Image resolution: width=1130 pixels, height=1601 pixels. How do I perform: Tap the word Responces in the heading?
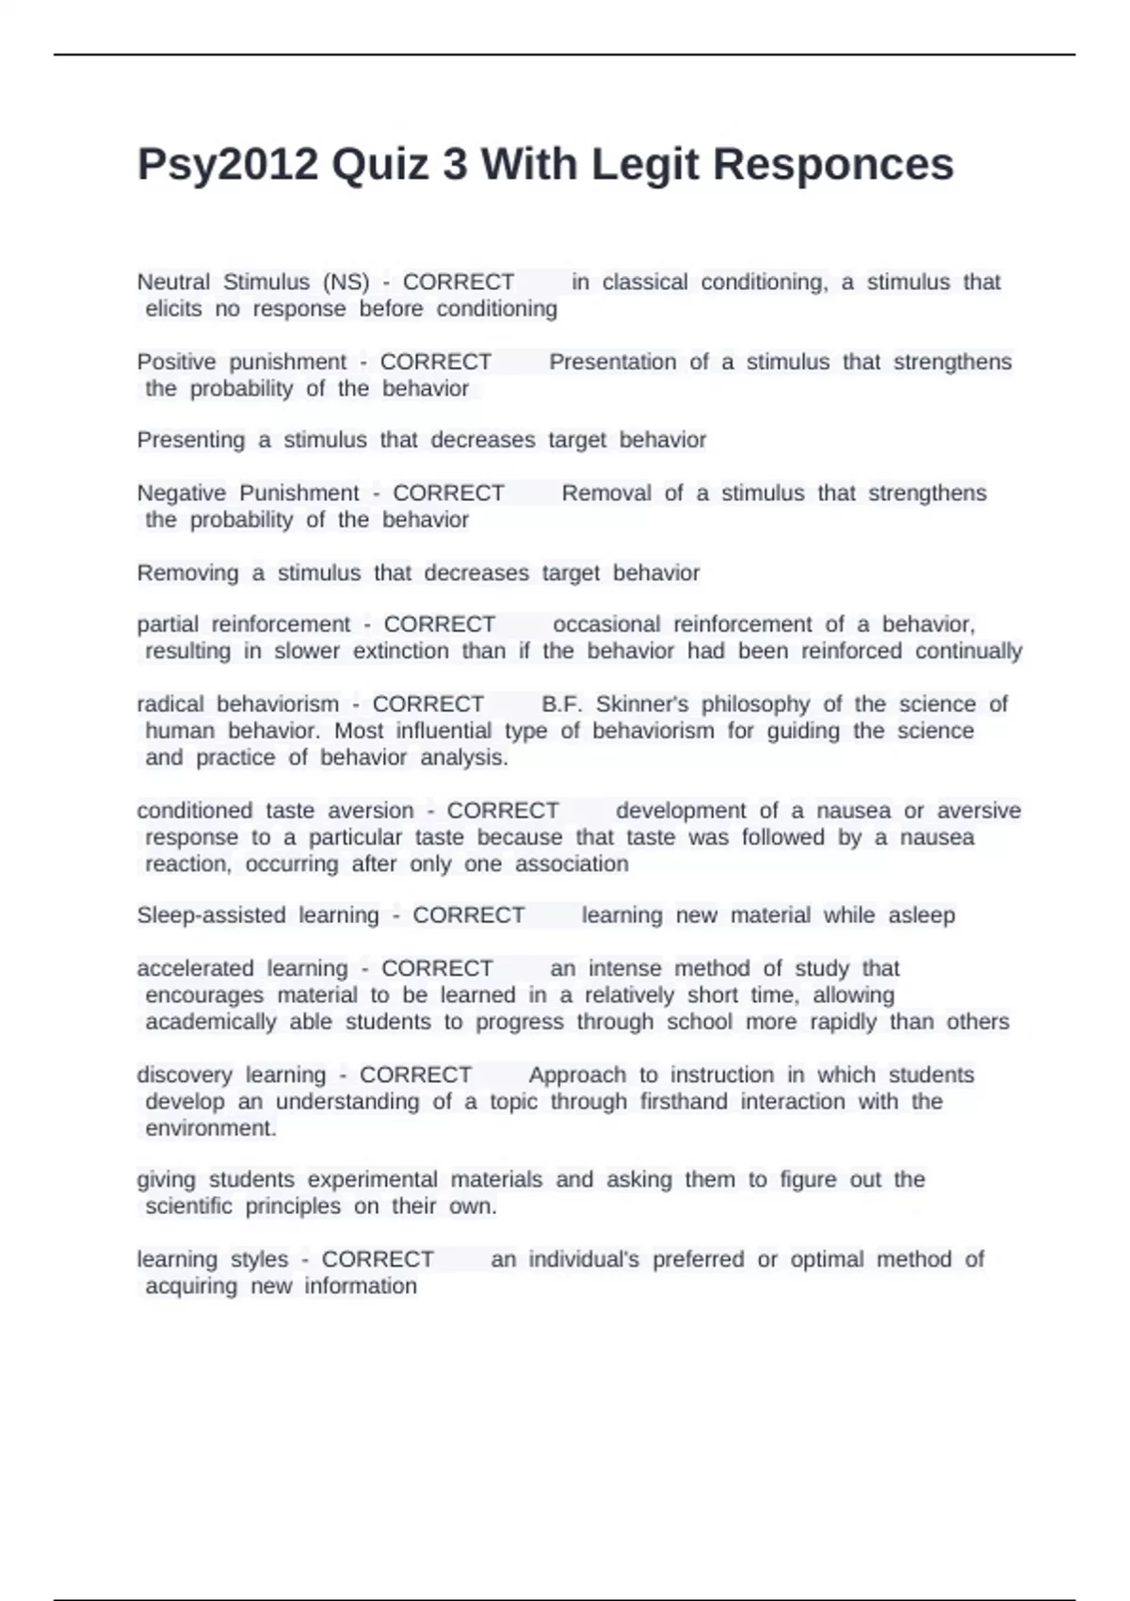(x=833, y=165)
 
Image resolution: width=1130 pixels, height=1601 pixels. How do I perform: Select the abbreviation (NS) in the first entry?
(x=346, y=283)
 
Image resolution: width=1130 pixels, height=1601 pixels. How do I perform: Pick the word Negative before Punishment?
(x=182, y=493)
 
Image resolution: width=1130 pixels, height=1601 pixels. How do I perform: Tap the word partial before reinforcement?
(x=168, y=624)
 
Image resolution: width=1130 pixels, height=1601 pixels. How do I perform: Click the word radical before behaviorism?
(x=170, y=704)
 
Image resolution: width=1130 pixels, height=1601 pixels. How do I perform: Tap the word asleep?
(x=922, y=915)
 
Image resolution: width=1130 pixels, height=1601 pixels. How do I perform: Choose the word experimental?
(x=373, y=1180)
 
